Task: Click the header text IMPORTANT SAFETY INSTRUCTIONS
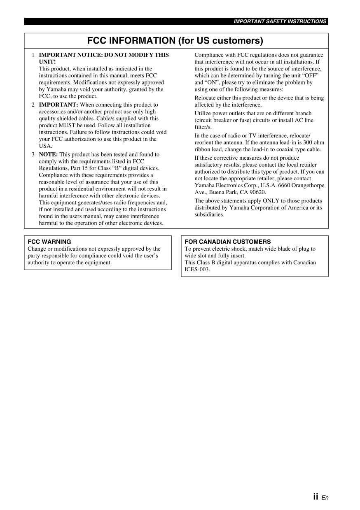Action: click(280, 21)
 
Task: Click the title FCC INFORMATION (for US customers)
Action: click(175, 41)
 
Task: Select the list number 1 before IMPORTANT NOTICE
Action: click(33, 55)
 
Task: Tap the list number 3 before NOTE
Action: click(33, 154)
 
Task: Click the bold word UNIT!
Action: click(47, 62)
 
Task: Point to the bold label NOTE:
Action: click(48, 154)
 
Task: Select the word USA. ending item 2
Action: click(45, 146)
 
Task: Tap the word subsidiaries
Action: click(209, 214)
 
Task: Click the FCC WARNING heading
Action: click(49, 242)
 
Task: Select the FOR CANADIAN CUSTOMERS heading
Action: click(227, 242)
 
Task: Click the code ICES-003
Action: click(197, 269)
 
